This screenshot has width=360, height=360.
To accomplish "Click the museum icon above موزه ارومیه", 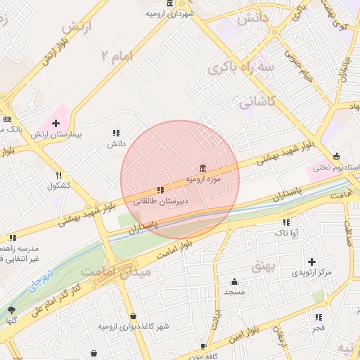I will (x=202, y=168).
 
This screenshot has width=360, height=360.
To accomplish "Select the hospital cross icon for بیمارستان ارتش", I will (x=56, y=123).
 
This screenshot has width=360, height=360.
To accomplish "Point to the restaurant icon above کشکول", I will (x=59, y=176).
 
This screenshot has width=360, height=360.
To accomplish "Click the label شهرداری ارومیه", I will (x=170, y=14).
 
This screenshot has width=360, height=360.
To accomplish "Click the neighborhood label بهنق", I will (x=261, y=265).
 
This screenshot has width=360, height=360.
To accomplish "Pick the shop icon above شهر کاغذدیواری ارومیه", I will (x=134, y=316).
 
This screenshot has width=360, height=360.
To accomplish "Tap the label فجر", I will (x=319, y=328).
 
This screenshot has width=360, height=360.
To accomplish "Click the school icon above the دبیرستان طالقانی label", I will (x=160, y=190).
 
